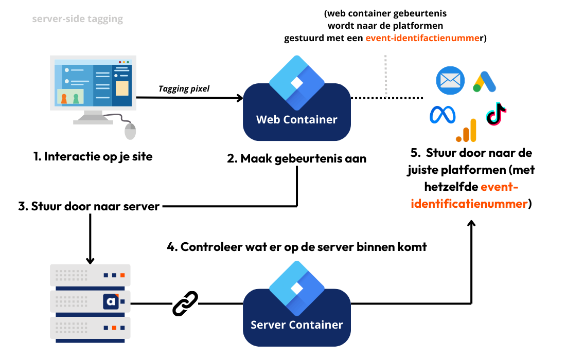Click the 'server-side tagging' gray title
(x=78, y=19)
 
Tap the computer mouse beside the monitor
(x=131, y=131)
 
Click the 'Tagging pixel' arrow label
(x=184, y=89)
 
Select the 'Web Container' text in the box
(x=297, y=120)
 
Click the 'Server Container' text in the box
(x=296, y=325)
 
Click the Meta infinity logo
(x=443, y=115)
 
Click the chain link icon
(x=185, y=303)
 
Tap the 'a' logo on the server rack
(x=111, y=302)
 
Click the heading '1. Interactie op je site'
(x=93, y=156)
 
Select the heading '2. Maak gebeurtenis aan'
(x=297, y=158)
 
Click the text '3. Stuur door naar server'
(x=89, y=207)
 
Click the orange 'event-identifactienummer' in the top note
(x=422, y=38)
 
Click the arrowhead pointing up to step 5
(x=471, y=224)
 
